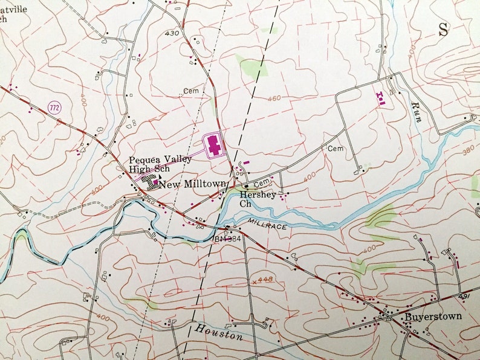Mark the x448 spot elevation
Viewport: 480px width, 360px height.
(x=261, y=280)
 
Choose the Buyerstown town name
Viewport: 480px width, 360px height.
(x=433, y=316)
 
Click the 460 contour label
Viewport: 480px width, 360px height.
(x=273, y=98)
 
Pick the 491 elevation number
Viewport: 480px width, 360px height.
(x=464, y=297)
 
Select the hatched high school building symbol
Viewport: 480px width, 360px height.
(x=149, y=181)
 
